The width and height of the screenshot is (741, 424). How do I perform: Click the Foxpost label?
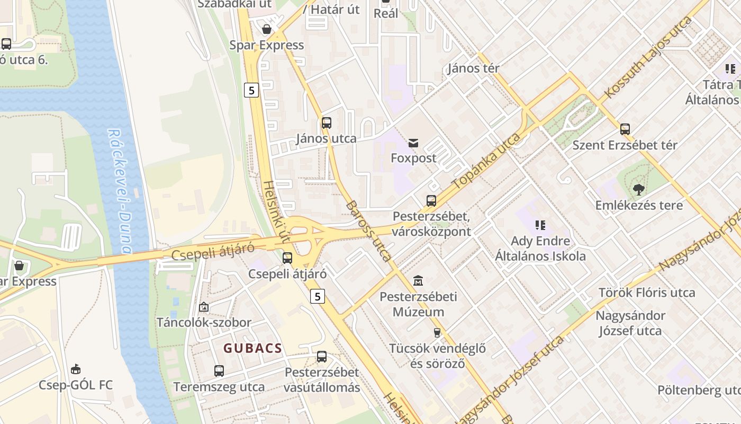pyautogui.click(x=413, y=158)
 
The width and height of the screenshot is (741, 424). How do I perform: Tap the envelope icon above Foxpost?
pyautogui.click(x=413, y=143)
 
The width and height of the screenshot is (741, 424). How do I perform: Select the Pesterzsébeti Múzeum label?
pyautogui.click(x=418, y=304)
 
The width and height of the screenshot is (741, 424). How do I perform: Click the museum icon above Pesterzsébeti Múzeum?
pyautogui.click(x=418, y=280)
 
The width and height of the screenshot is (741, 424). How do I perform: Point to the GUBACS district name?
pyautogui.click(x=252, y=348)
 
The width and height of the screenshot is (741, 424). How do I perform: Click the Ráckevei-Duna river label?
pyautogui.click(x=120, y=191)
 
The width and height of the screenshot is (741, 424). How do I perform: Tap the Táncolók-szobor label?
pyautogui.click(x=204, y=322)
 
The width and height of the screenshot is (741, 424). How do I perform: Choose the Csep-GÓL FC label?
pyautogui.click(x=76, y=385)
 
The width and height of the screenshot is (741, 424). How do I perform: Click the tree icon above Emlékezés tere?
pyautogui.click(x=639, y=189)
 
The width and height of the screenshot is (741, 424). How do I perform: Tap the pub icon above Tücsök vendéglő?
pyautogui.click(x=437, y=333)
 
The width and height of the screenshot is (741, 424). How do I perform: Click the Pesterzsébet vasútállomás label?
pyautogui.click(x=321, y=380)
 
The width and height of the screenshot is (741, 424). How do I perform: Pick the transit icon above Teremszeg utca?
pyautogui.click(x=219, y=371)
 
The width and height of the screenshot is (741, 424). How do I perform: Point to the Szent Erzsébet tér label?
pyautogui.click(x=625, y=145)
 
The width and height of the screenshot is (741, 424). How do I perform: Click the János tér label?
pyautogui.click(x=473, y=68)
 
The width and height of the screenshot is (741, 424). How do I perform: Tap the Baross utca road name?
pyautogui.click(x=369, y=231)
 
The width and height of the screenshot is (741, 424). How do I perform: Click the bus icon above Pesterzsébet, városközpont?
pyautogui.click(x=431, y=201)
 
